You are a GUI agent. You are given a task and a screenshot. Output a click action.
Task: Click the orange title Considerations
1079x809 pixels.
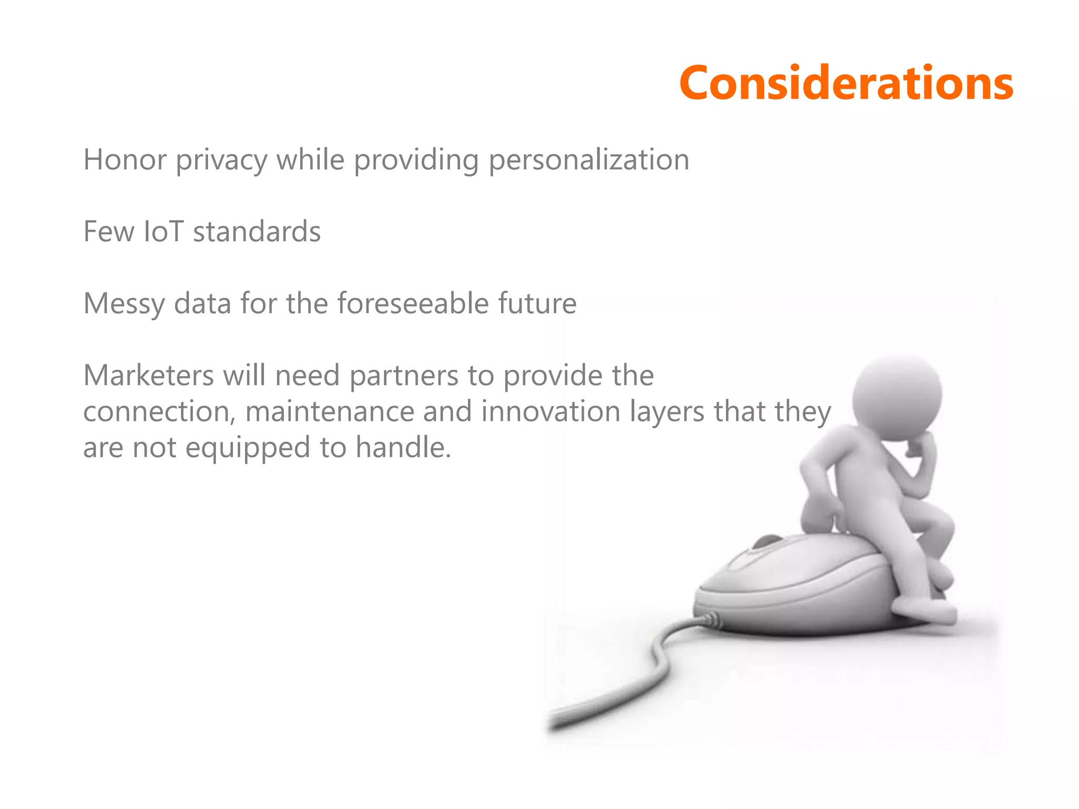point(846,83)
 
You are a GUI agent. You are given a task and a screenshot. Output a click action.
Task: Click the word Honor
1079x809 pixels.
point(125,160)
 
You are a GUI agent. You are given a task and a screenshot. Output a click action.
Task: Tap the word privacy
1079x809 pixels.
point(221,161)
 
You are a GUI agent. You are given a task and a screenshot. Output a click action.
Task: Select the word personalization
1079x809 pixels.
point(588,161)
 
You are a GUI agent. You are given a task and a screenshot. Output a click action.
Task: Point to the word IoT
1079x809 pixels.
point(163,232)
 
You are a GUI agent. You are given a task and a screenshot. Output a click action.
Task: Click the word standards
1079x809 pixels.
point(257,232)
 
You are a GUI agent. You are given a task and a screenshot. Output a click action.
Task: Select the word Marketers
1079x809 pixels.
point(148,376)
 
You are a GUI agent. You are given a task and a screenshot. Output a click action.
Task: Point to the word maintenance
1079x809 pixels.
point(330,412)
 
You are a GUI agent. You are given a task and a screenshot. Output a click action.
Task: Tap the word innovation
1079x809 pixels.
point(551,412)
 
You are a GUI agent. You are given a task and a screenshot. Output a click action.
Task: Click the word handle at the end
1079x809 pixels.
point(403,448)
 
